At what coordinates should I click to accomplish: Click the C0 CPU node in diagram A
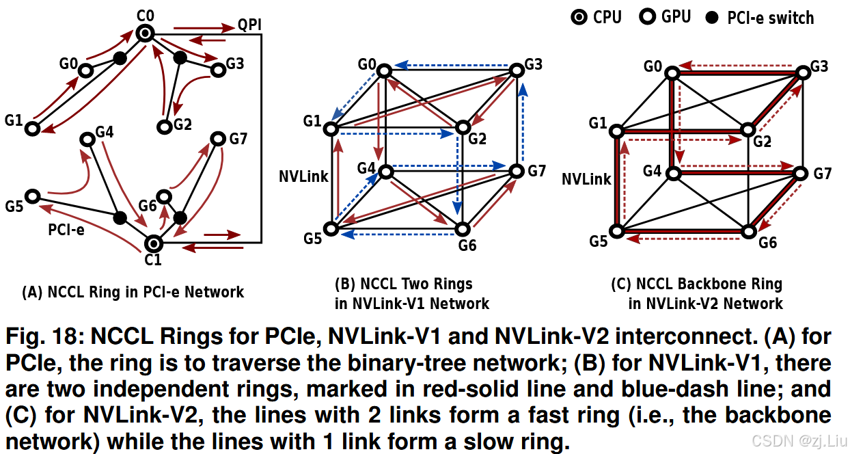(x=144, y=33)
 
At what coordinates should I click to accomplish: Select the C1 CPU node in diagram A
(x=154, y=242)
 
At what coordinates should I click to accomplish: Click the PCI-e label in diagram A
(x=66, y=230)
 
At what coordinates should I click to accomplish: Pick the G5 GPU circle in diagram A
(x=31, y=195)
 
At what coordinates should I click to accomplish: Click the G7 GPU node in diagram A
(x=218, y=139)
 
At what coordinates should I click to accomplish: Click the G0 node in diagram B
(x=385, y=70)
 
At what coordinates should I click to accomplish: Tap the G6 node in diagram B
(x=463, y=229)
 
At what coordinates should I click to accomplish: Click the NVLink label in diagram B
(x=303, y=176)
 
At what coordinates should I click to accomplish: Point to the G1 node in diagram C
(x=618, y=130)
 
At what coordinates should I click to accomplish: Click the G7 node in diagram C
(x=800, y=175)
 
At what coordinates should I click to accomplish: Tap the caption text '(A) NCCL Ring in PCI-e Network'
(x=133, y=293)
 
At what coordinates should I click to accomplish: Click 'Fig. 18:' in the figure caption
(x=44, y=337)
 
